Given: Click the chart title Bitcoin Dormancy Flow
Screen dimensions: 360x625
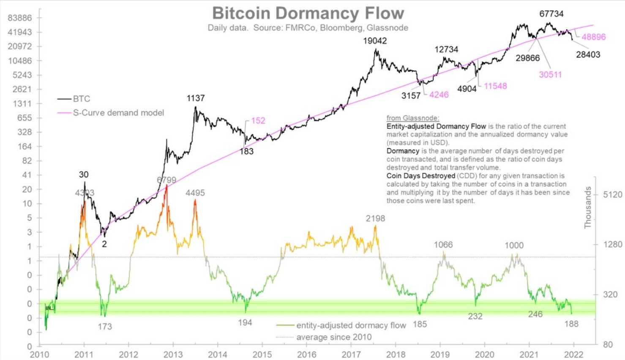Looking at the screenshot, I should (308, 13).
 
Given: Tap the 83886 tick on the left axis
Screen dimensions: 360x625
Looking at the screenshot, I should (20, 18).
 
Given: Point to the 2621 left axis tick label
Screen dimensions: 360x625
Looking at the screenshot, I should (22, 89).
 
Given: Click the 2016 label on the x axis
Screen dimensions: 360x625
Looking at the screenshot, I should (307, 355).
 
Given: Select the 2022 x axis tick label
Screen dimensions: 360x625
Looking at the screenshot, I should (573, 355).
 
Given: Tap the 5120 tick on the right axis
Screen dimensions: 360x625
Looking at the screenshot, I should (612, 195).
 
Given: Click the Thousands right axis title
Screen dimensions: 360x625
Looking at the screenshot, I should (588, 207).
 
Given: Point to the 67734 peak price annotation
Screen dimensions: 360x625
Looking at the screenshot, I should (551, 14).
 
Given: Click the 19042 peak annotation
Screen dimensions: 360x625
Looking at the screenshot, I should (375, 41).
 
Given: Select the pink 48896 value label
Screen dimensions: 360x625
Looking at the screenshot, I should (593, 37).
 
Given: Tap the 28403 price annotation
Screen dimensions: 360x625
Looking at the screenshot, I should (588, 55).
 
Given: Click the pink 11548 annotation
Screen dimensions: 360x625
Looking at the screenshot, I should (495, 86).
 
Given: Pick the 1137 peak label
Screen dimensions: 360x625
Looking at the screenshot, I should (195, 98).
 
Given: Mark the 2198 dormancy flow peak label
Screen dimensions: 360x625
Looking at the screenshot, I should (375, 218).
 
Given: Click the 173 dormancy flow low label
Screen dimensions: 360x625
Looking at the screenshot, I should (105, 327).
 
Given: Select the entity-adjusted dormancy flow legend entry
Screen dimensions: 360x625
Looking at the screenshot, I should (351, 325).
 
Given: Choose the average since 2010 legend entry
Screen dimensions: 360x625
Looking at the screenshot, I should (334, 337).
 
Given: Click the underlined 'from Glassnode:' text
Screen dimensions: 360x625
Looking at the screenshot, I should (412, 118).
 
